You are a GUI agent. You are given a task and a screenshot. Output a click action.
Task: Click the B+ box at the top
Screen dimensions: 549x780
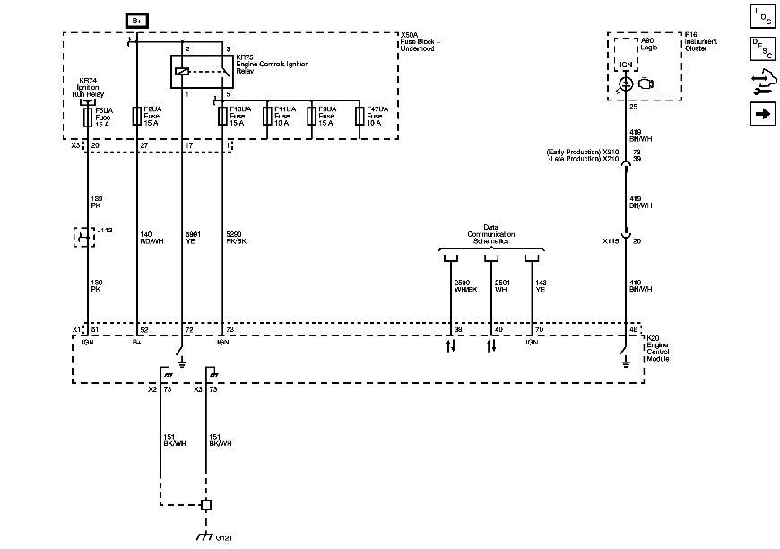point(137,20)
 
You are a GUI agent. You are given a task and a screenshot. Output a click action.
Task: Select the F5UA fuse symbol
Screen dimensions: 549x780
point(87,117)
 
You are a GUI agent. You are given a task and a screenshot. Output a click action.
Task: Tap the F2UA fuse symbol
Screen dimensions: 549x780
point(137,117)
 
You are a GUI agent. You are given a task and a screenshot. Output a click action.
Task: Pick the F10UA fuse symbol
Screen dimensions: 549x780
point(221,117)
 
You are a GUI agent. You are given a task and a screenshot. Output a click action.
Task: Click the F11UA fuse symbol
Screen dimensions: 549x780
point(266,117)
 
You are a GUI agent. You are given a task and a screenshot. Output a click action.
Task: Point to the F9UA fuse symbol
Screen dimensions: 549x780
point(310,117)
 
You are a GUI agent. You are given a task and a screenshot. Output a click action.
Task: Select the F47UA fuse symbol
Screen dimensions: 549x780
point(360,117)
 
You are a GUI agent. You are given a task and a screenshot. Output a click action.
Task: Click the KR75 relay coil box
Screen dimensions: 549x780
point(183,71)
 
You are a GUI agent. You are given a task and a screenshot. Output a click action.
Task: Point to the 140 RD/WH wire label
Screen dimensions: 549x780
point(151,237)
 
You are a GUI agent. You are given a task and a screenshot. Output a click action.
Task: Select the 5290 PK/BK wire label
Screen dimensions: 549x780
point(235,237)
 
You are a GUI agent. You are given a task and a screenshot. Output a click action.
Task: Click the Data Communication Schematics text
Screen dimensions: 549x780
point(491,235)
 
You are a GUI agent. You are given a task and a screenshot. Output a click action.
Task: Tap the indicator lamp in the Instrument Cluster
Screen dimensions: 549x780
point(625,83)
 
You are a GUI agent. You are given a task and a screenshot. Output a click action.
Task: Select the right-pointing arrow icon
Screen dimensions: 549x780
point(762,114)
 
